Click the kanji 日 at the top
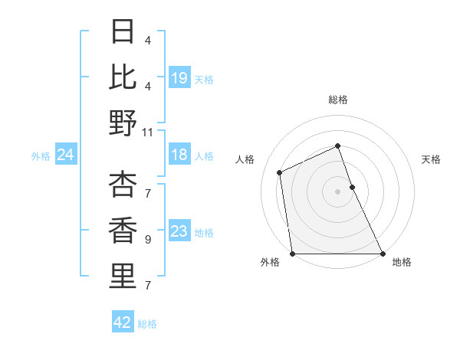pyautogui.click(x=123, y=31)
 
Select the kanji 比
pyautogui.click(x=123, y=77)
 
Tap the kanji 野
pyautogui.click(x=123, y=123)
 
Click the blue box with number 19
pyautogui.click(x=179, y=77)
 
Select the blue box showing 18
pyautogui.click(x=179, y=155)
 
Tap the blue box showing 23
pyautogui.click(x=179, y=232)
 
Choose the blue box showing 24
pyautogui.click(x=65, y=155)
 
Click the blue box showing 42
pyautogui.click(x=123, y=322)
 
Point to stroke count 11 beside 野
pyautogui.click(x=148, y=132)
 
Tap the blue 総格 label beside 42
pyautogui.click(x=147, y=324)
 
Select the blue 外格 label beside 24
pyautogui.click(x=41, y=156)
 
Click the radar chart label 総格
pyautogui.click(x=338, y=100)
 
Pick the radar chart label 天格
pyautogui.click(x=432, y=159)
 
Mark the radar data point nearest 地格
pyautogui.click(x=382, y=254)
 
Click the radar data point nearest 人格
pyautogui.click(x=280, y=172)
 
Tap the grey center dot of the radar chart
pyautogui.click(x=337, y=191)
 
